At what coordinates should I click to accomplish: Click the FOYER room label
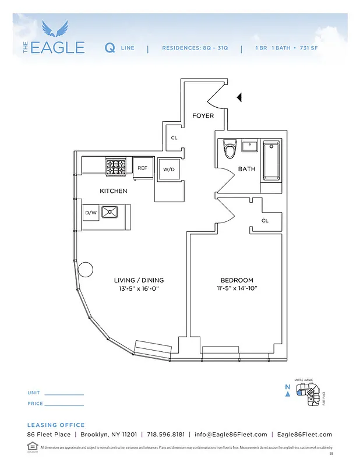[x=203, y=115]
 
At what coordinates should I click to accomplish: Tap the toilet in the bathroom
[x=230, y=150]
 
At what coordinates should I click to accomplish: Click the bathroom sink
[x=250, y=146]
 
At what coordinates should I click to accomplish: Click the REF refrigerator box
[x=142, y=168]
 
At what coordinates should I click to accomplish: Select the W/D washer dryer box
[x=169, y=169]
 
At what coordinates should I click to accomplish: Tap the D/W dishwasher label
[x=90, y=213]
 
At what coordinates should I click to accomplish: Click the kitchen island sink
[x=110, y=212]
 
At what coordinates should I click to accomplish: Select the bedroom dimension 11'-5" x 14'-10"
[x=237, y=288]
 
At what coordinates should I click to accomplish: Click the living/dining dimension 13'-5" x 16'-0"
[x=139, y=288]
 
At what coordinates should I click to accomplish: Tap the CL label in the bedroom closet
[x=264, y=221]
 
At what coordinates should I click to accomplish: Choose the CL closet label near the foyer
[x=174, y=138]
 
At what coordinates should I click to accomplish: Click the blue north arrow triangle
[x=287, y=394]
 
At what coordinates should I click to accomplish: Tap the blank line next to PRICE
[x=65, y=405]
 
